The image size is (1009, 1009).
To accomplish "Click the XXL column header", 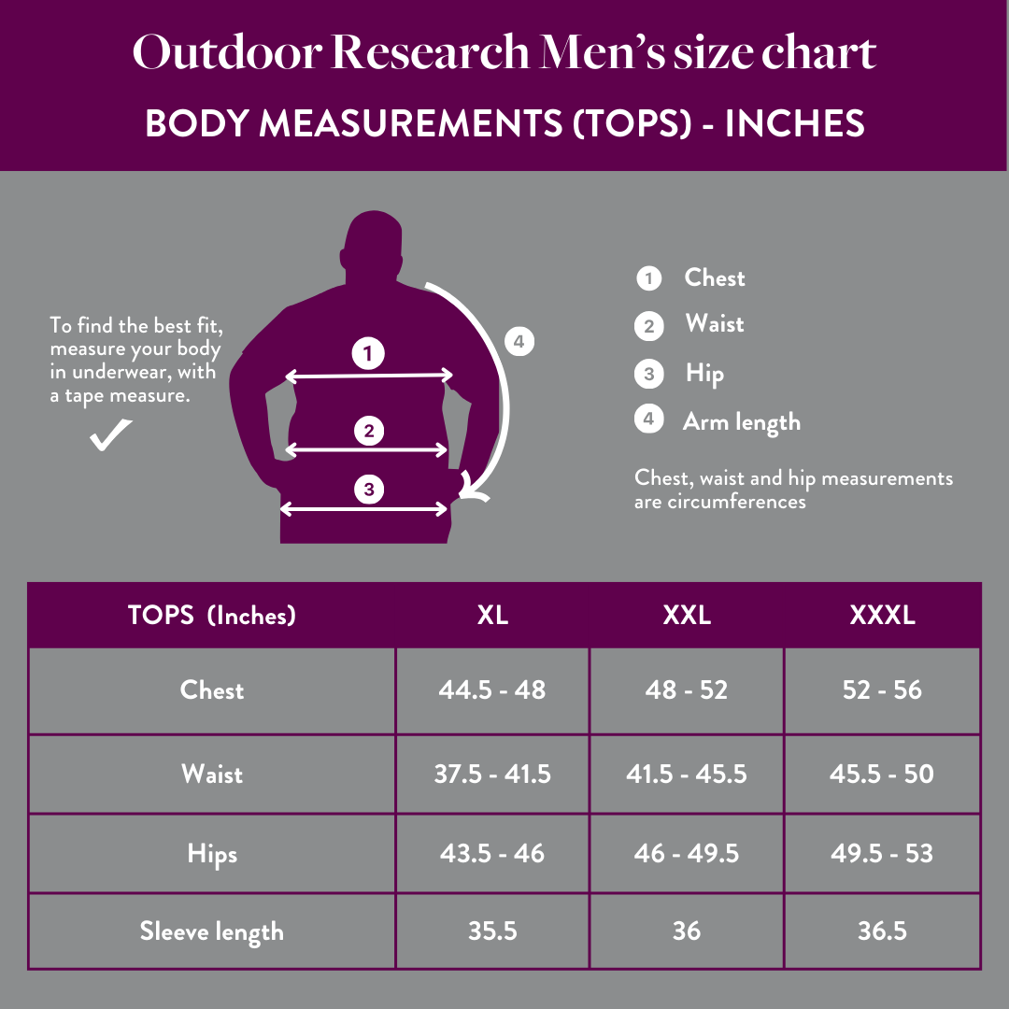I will coord(687,615).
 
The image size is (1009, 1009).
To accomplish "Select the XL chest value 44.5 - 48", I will coord(492,690).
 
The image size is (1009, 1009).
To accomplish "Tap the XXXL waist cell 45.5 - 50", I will coord(881,774).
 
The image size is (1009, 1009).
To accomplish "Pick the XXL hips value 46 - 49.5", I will coord(687,853).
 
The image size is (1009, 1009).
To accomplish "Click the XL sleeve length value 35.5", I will coord(492,931).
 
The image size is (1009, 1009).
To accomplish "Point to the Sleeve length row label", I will coord(212,931).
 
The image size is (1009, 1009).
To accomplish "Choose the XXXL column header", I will coord(882,615).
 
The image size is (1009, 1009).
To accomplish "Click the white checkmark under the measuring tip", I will coord(110,435).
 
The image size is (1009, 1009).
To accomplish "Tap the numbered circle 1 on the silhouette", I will coord(369,353).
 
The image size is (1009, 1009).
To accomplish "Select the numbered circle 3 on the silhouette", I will coord(369,489).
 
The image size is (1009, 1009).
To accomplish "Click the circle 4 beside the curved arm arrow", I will coord(519,342).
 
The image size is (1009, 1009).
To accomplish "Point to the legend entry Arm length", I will coord(742,421).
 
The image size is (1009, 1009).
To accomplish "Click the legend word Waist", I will coord(715,324).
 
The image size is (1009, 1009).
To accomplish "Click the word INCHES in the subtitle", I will coord(795,124).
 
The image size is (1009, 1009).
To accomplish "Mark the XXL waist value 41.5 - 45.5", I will coord(687,774).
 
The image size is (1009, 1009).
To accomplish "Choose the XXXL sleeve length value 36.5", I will coord(882,931).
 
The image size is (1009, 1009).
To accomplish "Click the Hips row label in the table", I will coord(212,853).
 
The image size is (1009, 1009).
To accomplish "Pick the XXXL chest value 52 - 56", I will coord(882,690).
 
